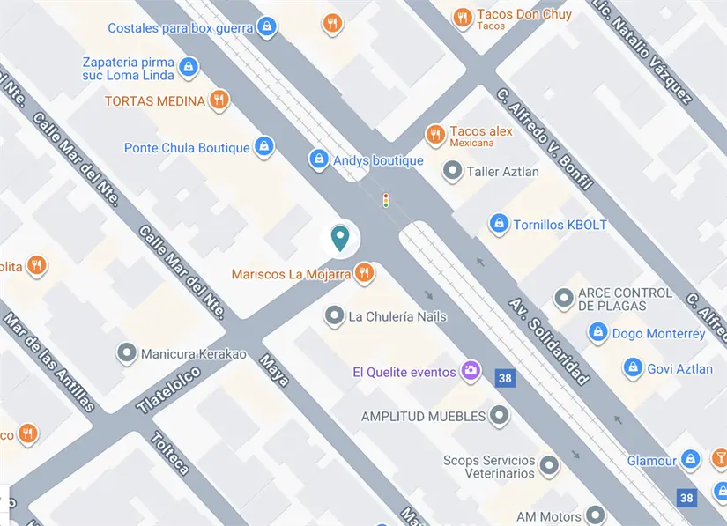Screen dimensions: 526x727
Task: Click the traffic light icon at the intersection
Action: tap(385, 201)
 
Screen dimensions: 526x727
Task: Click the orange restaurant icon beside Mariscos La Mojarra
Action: tap(365, 274)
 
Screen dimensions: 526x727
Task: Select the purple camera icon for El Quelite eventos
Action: tap(471, 371)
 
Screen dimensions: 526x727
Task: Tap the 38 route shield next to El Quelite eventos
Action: tap(504, 377)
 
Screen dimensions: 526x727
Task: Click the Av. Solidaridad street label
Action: tap(548, 341)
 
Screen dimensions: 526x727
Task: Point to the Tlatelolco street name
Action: tap(169, 389)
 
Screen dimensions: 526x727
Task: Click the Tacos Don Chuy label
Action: tap(523, 15)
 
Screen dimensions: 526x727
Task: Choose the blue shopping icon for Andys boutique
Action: tap(319, 159)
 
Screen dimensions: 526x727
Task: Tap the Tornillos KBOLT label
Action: tap(560, 225)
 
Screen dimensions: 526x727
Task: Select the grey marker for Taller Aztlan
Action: tap(453, 171)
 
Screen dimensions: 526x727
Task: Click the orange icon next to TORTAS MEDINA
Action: tap(219, 100)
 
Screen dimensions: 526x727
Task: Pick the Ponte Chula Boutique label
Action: tap(187, 148)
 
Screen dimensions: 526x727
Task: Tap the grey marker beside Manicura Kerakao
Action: tap(127, 354)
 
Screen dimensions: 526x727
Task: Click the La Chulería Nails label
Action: tap(397, 316)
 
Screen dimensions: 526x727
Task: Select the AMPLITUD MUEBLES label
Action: tap(423, 416)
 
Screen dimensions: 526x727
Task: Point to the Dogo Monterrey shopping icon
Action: tap(598, 333)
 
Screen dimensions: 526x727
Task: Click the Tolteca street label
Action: tap(170, 453)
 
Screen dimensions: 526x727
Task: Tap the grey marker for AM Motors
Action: tap(597, 515)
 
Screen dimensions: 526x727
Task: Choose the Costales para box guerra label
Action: tap(181, 28)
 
